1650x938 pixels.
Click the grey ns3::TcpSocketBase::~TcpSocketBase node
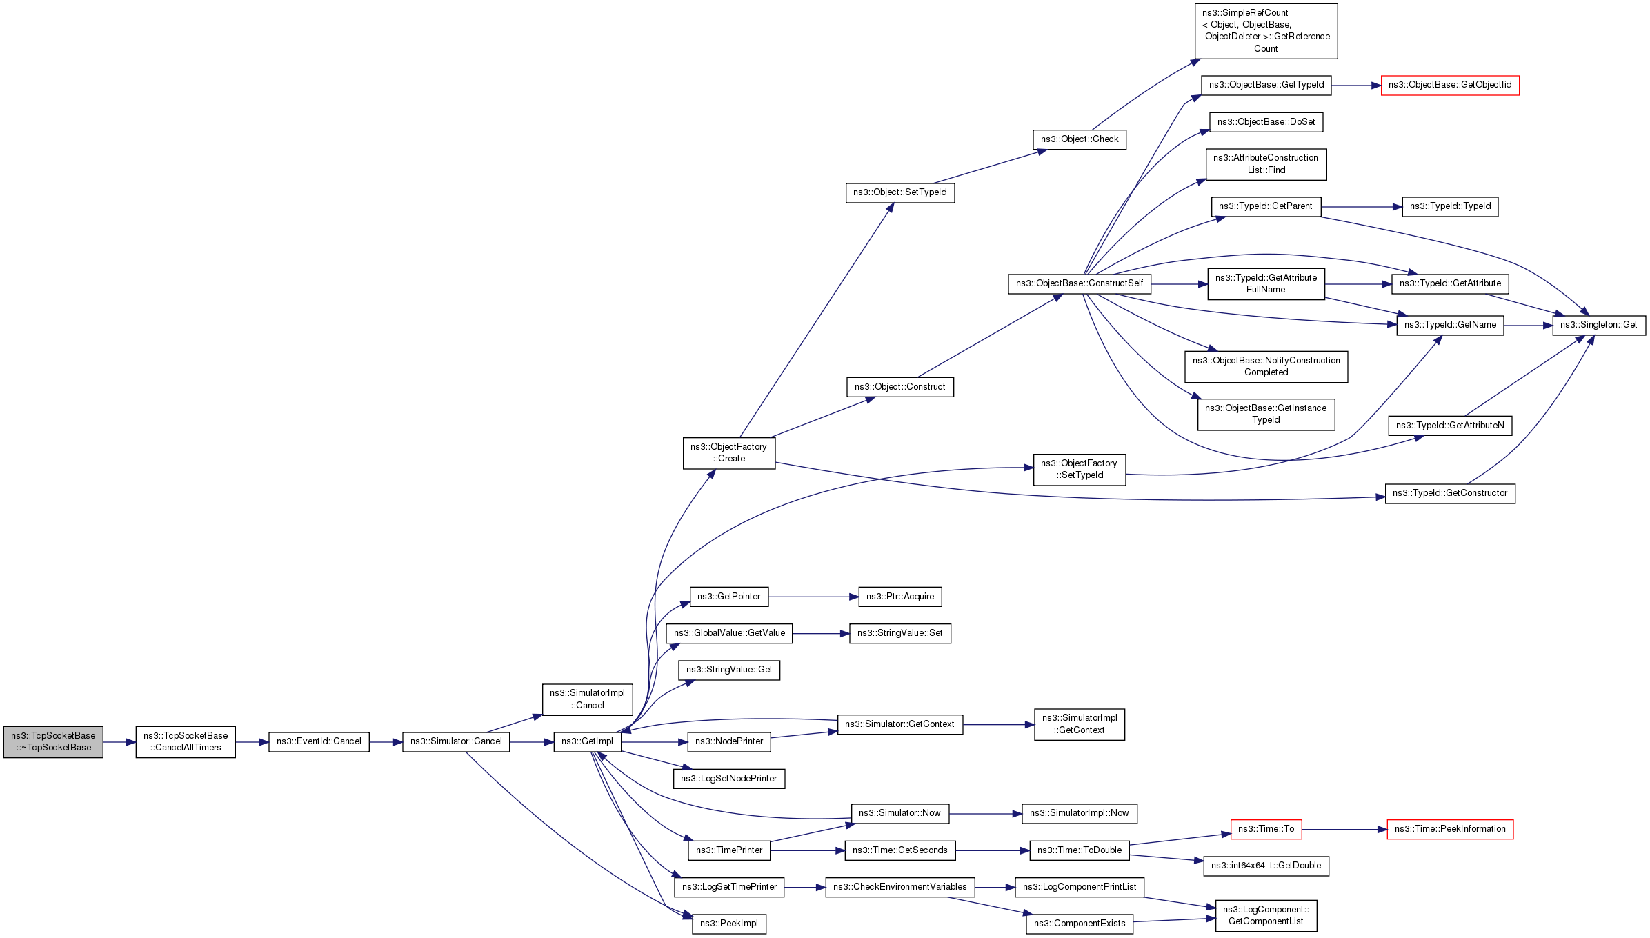point(53,741)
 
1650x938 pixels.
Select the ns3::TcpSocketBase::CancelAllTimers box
point(186,741)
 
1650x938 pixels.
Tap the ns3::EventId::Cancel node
point(319,741)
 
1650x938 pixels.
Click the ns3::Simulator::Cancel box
point(456,741)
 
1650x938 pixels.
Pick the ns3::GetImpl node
point(587,741)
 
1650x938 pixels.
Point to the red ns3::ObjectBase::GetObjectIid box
point(1449,85)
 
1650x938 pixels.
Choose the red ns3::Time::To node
point(1266,829)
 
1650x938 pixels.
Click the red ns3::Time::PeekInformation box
point(1450,829)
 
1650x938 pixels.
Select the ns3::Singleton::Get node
point(1598,325)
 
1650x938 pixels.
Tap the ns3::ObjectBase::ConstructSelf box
point(1079,283)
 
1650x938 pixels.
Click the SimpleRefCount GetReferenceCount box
point(1266,31)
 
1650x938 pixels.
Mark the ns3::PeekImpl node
point(728,924)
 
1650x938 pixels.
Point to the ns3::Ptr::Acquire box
point(899,597)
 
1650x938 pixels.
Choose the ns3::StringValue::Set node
point(899,633)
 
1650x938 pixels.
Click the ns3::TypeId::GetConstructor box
point(1449,493)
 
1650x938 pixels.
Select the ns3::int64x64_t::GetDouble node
point(1266,866)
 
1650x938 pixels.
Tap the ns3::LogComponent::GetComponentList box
point(1266,915)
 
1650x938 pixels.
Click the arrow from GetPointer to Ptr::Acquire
point(813,597)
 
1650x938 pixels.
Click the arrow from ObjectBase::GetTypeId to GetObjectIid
point(1355,86)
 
